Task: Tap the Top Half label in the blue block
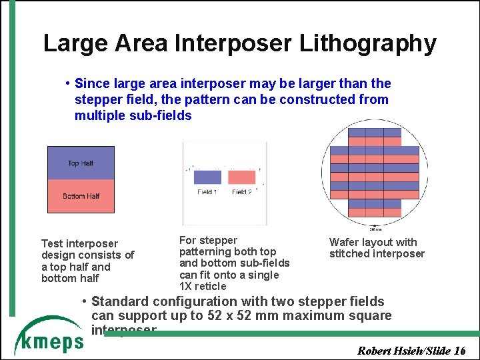(81, 163)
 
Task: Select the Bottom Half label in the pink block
(81, 196)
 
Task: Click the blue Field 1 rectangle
(207, 177)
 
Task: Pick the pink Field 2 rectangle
(241, 177)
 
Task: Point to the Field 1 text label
(207, 192)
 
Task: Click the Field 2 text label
(241, 192)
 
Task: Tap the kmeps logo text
(49, 341)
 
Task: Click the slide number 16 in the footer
(459, 351)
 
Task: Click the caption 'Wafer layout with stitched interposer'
(376, 248)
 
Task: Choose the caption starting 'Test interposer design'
(87, 261)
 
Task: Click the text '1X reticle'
(203, 286)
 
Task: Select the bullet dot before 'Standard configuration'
(84, 301)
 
